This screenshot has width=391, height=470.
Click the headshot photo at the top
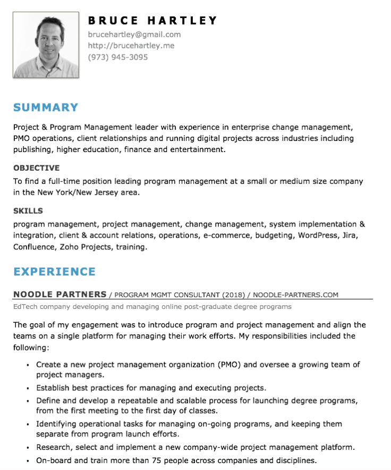pyautogui.click(x=46, y=45)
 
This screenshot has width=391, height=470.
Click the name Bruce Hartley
pyautogui.click(x=152, y=21)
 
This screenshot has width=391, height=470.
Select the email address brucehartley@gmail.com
pyautogui.click(x=134, y=35)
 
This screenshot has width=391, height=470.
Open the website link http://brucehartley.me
pyautogui.click(x=131, y=46)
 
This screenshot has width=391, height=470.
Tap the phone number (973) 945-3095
pyautogui.click(x=118, y=57)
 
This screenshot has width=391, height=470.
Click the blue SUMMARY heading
pyautogui.click(x=46, y=107)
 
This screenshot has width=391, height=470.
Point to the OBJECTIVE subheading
pyautogui.click(x=36, y=168)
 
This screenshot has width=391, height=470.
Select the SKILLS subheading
pyautogui.click(x=28, y=211)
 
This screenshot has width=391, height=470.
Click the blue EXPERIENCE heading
pyautogui.click(x=54, y=272)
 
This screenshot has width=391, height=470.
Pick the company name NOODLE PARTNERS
pyautogui.click(x=59, y=295)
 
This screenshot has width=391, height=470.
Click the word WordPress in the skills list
pyautogui.click(x=317, y=236)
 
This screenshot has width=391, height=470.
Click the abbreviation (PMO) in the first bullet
pyautogui.click(x=229, y=365)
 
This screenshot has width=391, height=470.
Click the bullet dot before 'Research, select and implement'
pyautogui.click(x=28, y=448)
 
